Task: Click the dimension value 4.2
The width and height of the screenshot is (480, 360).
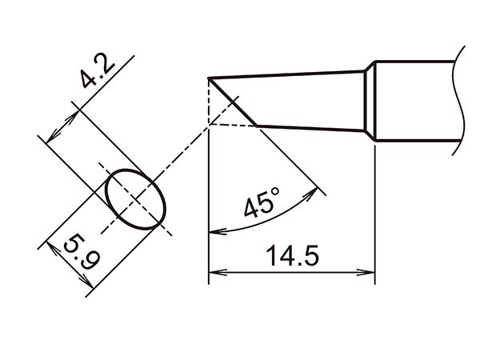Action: tap(95, 73)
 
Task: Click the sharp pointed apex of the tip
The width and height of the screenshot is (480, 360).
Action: tap(209, 78)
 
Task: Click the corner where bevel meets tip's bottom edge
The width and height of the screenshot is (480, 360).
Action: tap(257, 126)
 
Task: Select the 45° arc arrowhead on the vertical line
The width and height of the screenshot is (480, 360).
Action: tap(214, 232)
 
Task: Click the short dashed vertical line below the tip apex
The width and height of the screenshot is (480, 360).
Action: tap(208, 102)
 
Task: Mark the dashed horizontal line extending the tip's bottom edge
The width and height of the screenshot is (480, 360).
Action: tap(232, 125)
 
